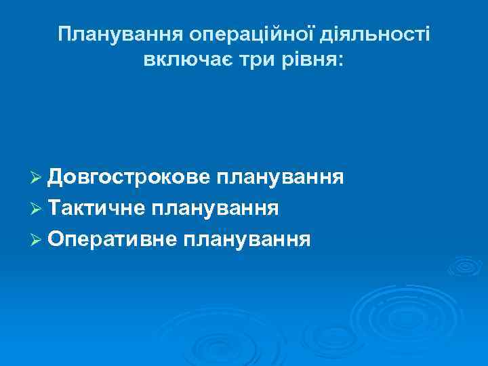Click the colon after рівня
[x=341, y=62]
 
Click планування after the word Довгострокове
[x=279, y=178]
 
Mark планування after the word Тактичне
[x=215, y=208]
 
